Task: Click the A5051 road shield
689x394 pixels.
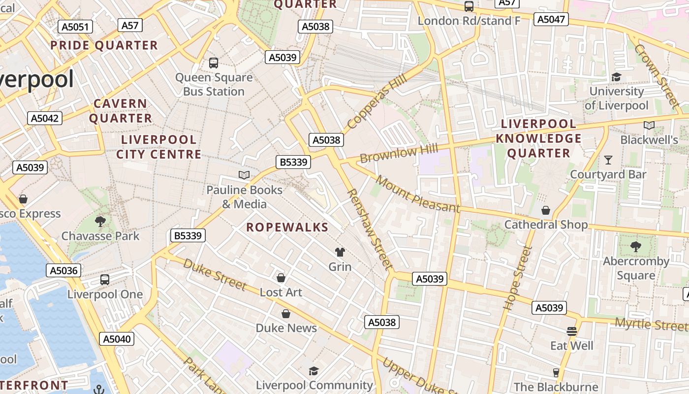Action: coord(75,27)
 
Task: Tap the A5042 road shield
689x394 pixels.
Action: coord(45,118)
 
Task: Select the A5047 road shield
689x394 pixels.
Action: coord(552,19)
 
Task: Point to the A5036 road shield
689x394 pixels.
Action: coord(64,270)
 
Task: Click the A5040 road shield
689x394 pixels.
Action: coord(117,339)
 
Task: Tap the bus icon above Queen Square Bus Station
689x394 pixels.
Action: coord(214,63)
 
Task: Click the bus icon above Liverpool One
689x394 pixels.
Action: coord(105,280)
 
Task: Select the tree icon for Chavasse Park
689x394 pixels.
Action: coord(100,222)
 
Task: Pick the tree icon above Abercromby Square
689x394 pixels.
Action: coord(635,247)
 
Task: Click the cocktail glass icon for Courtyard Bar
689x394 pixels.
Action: coord(608,160)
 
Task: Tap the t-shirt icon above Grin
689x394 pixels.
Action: coord(340,252)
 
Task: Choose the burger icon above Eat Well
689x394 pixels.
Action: coord(571,331)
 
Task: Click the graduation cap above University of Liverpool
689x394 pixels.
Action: coord(616,77)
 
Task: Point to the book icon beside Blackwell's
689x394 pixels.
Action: coord(649,126)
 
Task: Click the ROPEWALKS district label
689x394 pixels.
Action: coord(287,227)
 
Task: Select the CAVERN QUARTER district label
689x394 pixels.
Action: coord(121,111)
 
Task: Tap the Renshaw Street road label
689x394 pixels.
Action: coord(371,229)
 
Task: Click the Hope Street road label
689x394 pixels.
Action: coord(517,278)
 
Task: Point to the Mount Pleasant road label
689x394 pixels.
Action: coord(418,194)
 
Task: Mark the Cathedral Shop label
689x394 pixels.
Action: coord(546,225)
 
